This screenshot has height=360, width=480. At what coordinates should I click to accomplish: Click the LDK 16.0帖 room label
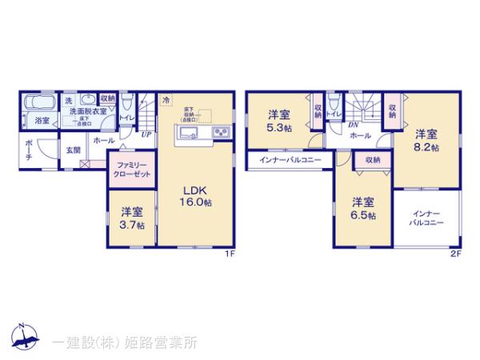195,196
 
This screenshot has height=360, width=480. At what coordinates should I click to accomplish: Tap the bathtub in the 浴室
38,105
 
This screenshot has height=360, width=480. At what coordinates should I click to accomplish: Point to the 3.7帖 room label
132,218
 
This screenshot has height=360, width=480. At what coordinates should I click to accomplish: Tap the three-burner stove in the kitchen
218,133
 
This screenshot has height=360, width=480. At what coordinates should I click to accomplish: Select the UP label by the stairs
145,134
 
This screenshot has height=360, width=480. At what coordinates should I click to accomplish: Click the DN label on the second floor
352,126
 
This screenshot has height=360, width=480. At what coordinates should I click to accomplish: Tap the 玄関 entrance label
73,150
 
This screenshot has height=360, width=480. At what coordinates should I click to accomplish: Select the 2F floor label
454,254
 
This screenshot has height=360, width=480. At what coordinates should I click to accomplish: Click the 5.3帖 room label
280,122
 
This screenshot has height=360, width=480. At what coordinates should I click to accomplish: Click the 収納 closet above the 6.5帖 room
374,160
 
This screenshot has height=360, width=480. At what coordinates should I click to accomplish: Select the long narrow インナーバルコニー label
290,160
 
